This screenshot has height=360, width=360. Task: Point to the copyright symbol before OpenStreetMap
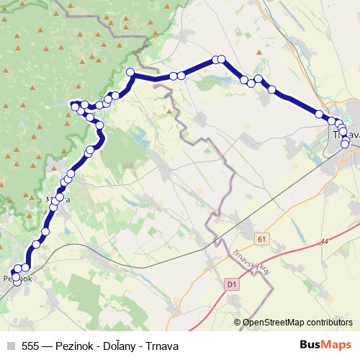click(x=238, y=323)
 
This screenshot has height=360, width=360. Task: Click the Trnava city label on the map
click(x=346, y=134)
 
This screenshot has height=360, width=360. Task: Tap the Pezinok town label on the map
click(x=17, y=277)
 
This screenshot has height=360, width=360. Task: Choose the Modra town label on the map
click(x=58, y=200)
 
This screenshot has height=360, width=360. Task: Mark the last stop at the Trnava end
click(x=345, y=144)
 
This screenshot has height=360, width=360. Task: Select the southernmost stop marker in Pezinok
click(x=17, y=282)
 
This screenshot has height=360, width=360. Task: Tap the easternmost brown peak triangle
click(x=170, y=111)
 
